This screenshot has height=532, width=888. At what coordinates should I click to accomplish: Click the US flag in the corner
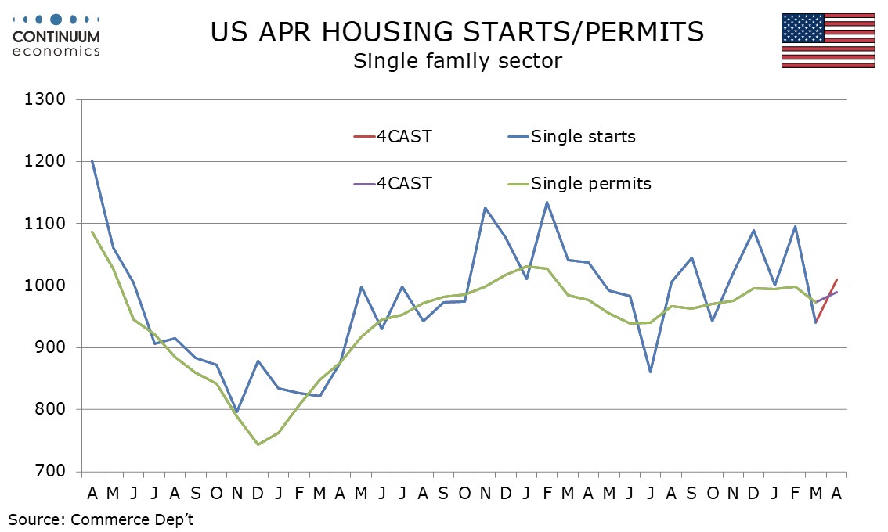(x=828, y=40)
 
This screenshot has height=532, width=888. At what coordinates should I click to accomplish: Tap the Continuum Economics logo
(x=56, y=36)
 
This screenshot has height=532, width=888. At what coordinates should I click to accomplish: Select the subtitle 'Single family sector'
(x=457, y=61)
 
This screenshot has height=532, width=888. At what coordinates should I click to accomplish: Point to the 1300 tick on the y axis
(x=45, y=99)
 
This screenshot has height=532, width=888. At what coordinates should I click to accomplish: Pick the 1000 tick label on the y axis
(x=45, y=286)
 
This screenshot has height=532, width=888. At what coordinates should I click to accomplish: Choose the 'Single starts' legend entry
(x=572, y=136)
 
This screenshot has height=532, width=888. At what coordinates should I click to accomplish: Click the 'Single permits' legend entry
(x=580, y=183)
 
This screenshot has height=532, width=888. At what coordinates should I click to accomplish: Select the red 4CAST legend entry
(x=392, y=136)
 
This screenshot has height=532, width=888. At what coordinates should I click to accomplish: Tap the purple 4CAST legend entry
(x=392, y=183)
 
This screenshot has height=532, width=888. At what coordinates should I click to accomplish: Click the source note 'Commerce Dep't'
(x=132, y=519)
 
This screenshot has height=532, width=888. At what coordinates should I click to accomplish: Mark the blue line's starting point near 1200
(x=92, y=160)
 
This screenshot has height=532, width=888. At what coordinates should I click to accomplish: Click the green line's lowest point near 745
(x=258, y=444)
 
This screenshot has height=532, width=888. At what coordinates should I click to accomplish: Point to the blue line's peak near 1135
(x=547, y=202)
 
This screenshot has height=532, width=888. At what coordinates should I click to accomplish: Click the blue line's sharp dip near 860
(x=650, y=372)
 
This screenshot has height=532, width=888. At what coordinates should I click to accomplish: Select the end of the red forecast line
(x=836, y=279)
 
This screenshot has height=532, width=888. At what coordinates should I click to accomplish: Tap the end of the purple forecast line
(x=836, y=292)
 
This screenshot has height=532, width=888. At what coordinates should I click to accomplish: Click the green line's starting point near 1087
(x=92, y=232)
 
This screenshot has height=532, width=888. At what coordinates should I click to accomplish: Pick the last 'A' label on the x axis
(x=836, y=494)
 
